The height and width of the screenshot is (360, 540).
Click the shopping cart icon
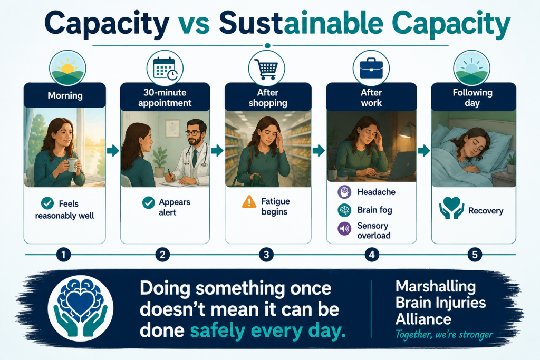point(266,69)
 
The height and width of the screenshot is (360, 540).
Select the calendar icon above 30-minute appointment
point(165,68)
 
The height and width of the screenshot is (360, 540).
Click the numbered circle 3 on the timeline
point(266,255)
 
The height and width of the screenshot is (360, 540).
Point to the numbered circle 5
point(475,255)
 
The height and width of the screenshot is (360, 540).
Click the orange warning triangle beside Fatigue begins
point(249,202)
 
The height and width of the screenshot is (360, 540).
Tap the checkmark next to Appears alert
point(149,203)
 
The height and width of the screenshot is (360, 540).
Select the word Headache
point(377,192)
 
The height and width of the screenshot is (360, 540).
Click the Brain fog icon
point(344,210)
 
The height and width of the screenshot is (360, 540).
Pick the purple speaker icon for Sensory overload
point(344,229)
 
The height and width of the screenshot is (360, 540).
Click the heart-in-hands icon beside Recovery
point(451,208)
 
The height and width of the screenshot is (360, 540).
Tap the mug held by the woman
point(72,164)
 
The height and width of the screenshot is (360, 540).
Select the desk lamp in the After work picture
point(407,131)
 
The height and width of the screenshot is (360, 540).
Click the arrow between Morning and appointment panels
point(113,150)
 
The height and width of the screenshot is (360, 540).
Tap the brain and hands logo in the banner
point(81,308)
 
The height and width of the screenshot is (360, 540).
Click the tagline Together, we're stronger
point(444,335)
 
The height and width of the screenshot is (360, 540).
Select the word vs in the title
point(194,23)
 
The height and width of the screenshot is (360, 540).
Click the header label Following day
point(472,98)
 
